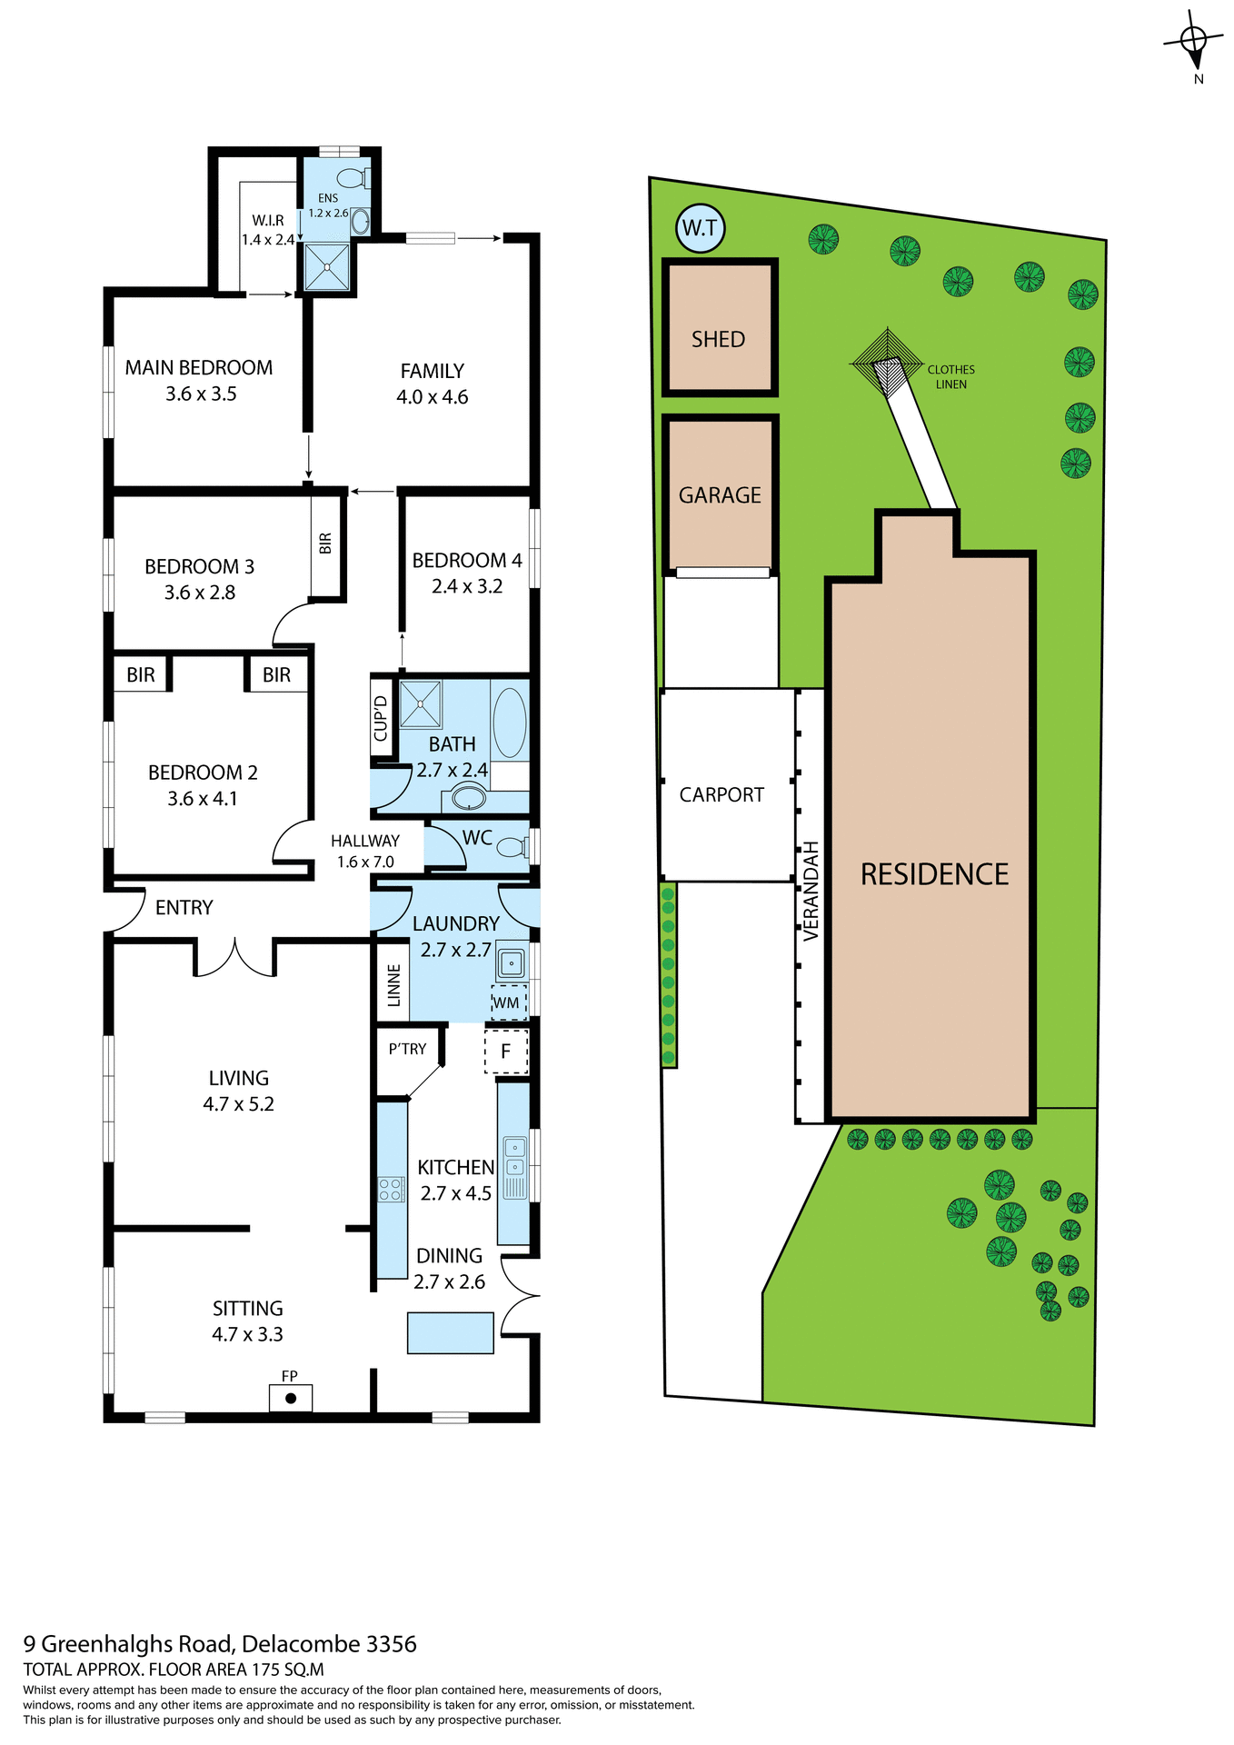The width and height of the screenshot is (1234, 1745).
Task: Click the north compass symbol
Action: (1193, 42)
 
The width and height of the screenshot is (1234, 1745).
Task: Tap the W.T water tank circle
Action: (700, 228)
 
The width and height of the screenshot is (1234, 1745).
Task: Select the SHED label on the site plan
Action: (718, 339)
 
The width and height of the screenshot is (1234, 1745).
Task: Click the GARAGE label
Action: (720, 495)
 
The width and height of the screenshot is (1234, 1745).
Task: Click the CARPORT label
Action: (721, 794)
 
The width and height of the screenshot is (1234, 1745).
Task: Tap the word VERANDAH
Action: (811, 891)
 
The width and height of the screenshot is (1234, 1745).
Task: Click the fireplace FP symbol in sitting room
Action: (290, 1397)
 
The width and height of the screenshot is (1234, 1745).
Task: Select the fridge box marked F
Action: (506, 1052)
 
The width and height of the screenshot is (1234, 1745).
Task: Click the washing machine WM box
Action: (508, 1002)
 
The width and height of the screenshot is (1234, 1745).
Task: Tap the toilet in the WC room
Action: (513, 847)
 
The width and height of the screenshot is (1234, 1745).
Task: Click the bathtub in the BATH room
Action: (510, 723)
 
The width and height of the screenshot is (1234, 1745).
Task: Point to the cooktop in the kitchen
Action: (392, 1189)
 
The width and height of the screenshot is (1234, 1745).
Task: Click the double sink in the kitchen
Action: (514, 1156)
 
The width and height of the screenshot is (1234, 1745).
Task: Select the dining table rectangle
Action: (451, 1332)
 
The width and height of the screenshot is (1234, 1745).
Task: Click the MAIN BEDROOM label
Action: (199, 368)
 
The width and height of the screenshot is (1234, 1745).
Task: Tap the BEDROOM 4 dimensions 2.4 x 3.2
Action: (467, 586)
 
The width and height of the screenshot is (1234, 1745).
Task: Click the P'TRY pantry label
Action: (407, 1049)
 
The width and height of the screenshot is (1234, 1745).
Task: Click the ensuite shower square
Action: (327, 266)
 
